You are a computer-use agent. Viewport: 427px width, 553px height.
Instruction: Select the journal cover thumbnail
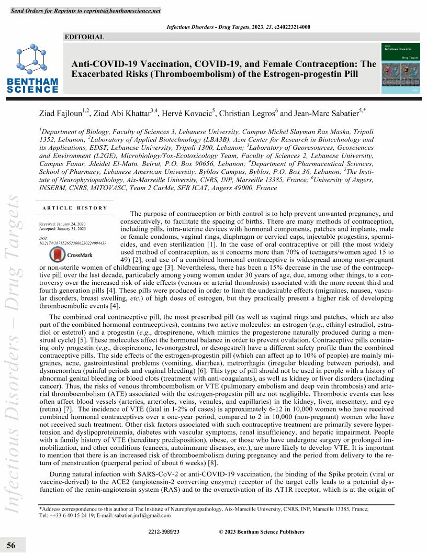pyautogui.click(x=402, y=68)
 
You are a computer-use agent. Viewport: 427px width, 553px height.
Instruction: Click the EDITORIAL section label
pyautogui.click(x=84, y=37)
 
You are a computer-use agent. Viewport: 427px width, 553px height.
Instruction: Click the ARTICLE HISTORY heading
pyautogui.click(x=75, y=208)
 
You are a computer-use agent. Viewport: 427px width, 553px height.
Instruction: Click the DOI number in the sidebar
pyautogui.click(x=73, y=244)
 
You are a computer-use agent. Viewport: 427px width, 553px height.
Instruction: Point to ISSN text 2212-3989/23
pyautogui.click(x=164, y=532)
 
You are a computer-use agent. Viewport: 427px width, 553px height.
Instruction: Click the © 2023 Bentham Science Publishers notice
pyautogui.click(x=261, y=532)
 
